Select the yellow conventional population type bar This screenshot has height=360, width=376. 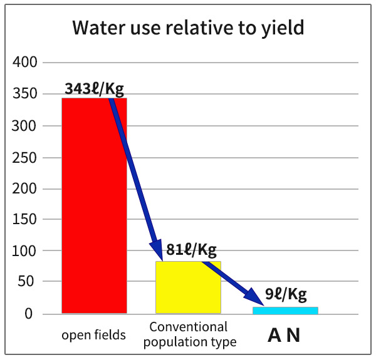click(x=188, y=287)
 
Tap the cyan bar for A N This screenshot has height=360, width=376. click(x=285, y=310)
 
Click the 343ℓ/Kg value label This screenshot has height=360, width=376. click(x=94, y=88)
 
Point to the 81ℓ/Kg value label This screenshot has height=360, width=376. click(x=191, y=250)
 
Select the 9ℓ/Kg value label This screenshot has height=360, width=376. click(x=286, y=294)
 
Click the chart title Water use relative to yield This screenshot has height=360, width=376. click(x=188, y=28)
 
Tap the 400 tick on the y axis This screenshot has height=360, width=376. click(x=26, y=63)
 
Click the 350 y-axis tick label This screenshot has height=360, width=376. click(x=26, y=95)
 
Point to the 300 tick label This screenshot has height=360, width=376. click(x=26, y=126)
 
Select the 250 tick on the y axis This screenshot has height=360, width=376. click(x=26, y=157)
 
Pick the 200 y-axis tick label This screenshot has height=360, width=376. click(x=26, y=188)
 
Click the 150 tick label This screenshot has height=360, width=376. click(x=26, y=220)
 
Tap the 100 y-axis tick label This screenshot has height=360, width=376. click(x=26, y=251)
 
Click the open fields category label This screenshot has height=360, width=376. click(x=93, y=335)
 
